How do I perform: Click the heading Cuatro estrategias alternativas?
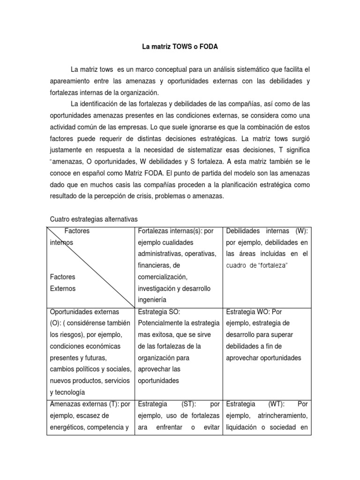pyautogui.click(x=94, y=219)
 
